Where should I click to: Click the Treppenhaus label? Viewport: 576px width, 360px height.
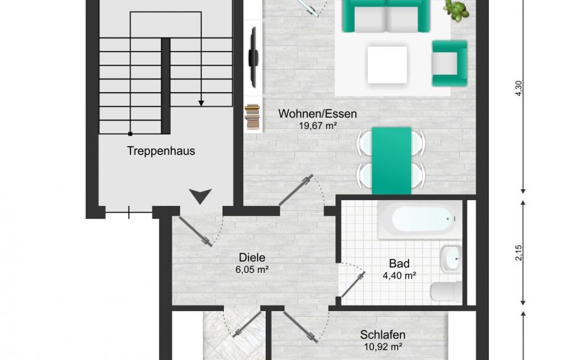pos(161,151)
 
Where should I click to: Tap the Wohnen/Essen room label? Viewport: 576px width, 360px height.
pos(318,114)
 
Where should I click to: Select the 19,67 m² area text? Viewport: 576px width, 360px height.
pos(318,125)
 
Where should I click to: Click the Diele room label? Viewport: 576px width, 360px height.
pos(252,257)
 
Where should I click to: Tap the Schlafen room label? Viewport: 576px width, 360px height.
pos(382,335)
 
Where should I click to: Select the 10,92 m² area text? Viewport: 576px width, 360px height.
pos(382,347)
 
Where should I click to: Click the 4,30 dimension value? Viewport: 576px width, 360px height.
pos(518,89)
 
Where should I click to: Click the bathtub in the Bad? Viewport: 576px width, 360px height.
pos(419,219)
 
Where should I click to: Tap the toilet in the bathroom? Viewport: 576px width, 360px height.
pos(445,291)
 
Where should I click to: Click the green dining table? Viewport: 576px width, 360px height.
pos(392,160)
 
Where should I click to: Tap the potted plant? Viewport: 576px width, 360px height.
pos(456,9)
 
